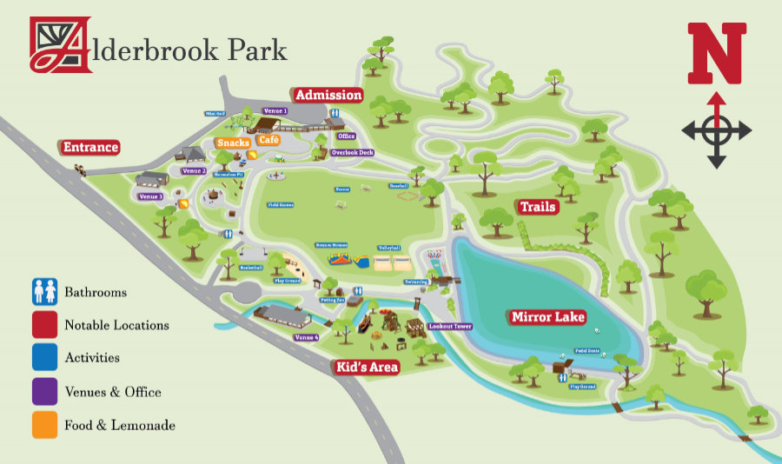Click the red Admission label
click(x=328, y=95)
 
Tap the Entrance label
click(x=89, y=147)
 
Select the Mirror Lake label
click(x=547, y=317)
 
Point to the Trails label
click(x=539, y=207)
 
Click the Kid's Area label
click(x=368, y=368)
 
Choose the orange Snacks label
click(x=234, y=143)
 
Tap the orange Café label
click(x=268, y=140)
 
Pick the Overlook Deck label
click(x=352, y=153)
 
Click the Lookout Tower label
click(x=450, y=327)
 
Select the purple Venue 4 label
click(x=306, y=337)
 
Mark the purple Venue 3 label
click(x=150, y=196)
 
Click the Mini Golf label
click(x=215, y=114)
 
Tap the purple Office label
click(x=347, y=136)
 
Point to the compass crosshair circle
click(x=716, y=131)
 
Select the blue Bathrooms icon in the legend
click(x=44, y=291)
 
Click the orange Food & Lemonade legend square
click(x=44, y=425)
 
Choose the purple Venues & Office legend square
click(x=44, y=391)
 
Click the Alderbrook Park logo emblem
click(x=61, y=45)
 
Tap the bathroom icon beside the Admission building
click(x=335, y=114)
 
